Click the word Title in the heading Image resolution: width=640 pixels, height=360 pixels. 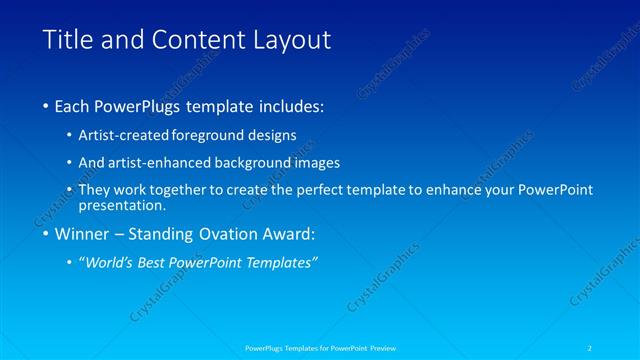pos(66,41)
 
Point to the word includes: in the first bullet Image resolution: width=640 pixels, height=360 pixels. pos(291,105)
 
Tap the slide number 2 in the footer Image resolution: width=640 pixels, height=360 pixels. pos(590,347)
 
